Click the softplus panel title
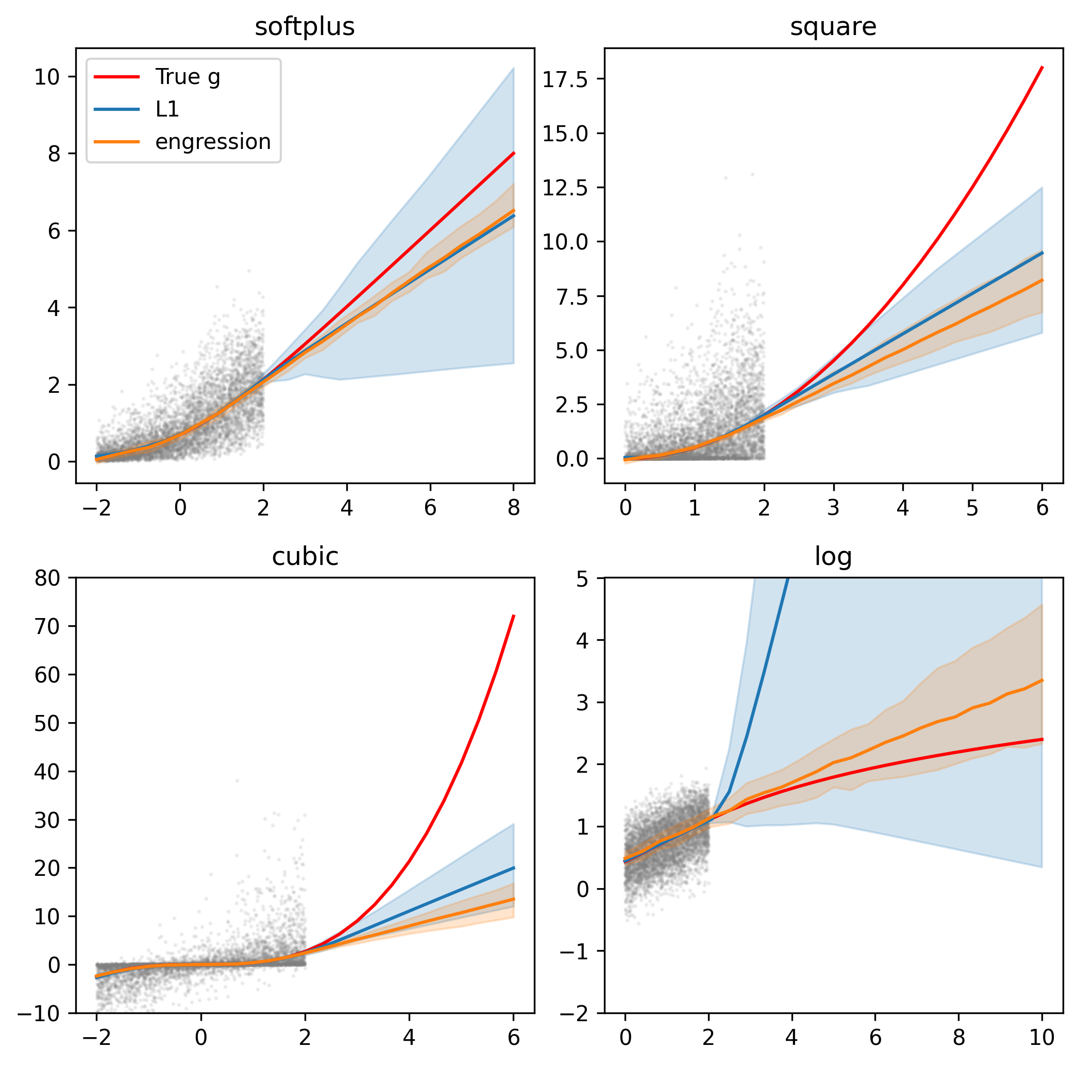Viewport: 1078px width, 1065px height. [305, 27]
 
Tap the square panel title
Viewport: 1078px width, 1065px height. [833, 27]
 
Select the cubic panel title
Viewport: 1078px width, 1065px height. [305, 557]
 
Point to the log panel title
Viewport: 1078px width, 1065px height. [833, 557]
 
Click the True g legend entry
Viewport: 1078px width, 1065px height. [188, 76]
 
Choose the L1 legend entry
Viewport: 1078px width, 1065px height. [167, 109]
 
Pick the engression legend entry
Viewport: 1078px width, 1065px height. [213, 142]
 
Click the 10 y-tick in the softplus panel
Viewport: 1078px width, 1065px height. [47, 77]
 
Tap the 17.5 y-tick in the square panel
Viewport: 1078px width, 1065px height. [565, 80]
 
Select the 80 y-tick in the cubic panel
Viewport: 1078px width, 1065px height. [47, 578]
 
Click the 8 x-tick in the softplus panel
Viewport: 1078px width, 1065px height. [513, 507]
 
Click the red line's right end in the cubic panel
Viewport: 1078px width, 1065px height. [513, 615]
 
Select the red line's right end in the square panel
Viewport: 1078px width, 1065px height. [1042, 68]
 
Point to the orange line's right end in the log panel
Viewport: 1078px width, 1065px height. [1042, 680]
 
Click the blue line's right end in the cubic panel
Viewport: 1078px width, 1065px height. [513, 868]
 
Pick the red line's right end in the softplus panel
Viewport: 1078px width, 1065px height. [513, 153]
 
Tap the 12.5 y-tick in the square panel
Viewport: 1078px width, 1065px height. [565, 188]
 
